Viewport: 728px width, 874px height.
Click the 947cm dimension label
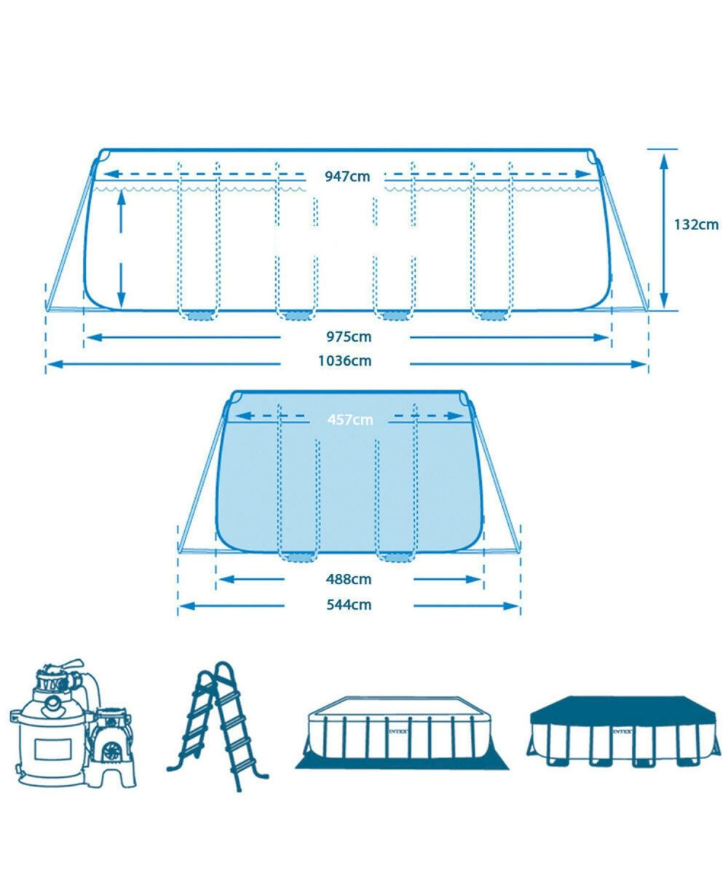[x=347, y=176]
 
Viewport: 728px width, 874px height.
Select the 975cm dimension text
[x=349, y=336]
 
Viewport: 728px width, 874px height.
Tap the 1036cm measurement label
[x=345, y=361]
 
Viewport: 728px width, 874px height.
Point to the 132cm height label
[x=696, y=225]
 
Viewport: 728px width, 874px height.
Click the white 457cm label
[x=349, y=420]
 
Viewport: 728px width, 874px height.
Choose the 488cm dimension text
[x=349, y=579]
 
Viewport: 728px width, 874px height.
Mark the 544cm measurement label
[x=349, y=605]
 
